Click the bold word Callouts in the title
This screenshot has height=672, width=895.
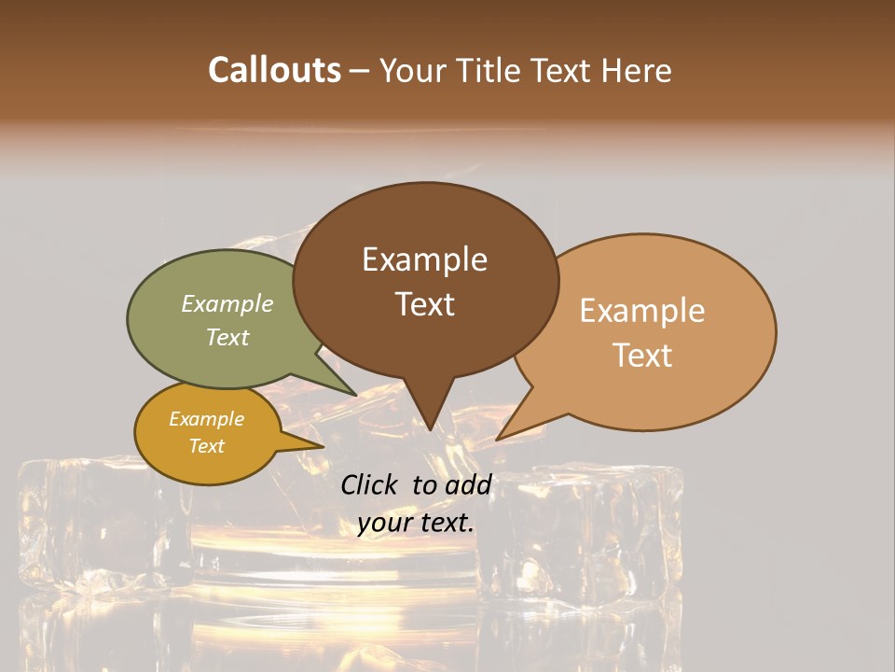coord(274,70)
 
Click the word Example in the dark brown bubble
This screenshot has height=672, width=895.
coord(425,259)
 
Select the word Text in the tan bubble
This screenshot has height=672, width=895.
coord(642,356)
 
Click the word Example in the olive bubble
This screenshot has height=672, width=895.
coord(227,304)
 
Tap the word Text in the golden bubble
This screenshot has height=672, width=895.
coord(206,446)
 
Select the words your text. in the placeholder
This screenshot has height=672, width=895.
coord(416,523)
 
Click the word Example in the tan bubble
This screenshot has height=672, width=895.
coord(642,311)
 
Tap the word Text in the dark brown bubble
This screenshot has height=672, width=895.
coord(425,304)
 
